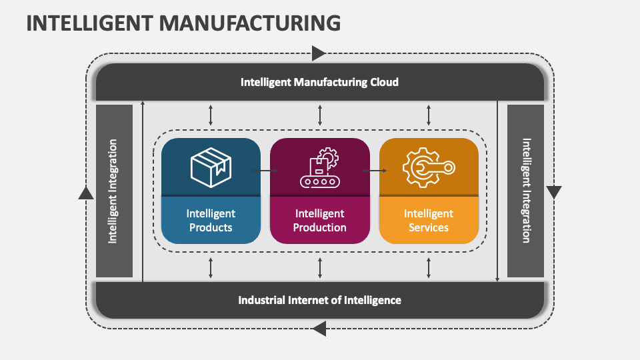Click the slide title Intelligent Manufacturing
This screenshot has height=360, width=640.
[x=183, y=23]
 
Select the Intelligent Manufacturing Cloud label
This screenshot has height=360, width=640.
[x=319, y=82]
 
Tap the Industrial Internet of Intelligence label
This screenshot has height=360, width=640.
[x=319, y=300]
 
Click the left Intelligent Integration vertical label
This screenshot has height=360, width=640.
[x=113, y=191]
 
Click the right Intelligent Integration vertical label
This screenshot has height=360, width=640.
[x=526, y=191]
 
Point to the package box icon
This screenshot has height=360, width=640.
[x=211, y=167]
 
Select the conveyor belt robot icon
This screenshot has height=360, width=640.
[x=320, y=167]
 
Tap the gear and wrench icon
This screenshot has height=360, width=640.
[x=429, y=167]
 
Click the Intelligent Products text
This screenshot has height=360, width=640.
[x=211, y=221]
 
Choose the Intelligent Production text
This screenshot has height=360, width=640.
[x=320, y=221]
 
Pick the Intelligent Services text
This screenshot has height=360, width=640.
[x=429, y=221]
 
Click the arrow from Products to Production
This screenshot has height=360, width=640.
[x=265, y=171]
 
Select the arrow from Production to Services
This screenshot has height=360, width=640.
[x=375, y=171]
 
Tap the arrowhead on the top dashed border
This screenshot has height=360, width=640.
[x=319, y=53]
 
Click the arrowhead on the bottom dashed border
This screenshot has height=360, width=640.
[x=319, y=328]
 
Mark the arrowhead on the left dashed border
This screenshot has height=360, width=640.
[x=86, y=193]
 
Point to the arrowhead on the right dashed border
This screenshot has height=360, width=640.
[x=554, y=193]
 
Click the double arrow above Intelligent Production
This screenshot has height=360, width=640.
[x=320, y=115]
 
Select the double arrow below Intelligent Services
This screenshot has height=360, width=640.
[x=429, y=267]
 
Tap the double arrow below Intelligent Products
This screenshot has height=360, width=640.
[x=211, y=267]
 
